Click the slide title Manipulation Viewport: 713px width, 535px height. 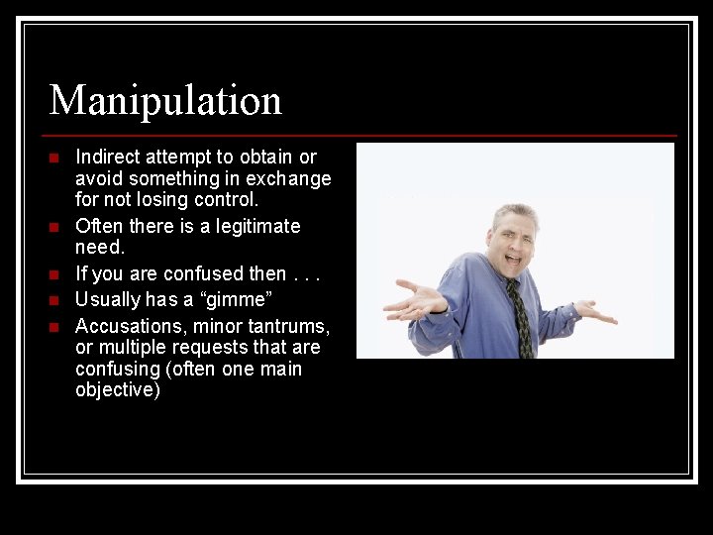tap(165, 100)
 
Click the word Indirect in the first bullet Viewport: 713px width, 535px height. tap(108, 157)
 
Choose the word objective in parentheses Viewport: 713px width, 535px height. tap(117, 390)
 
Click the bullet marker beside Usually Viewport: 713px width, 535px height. tap(54, 299)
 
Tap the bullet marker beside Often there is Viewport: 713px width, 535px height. tap(54, 227)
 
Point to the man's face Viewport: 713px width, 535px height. tap(515, 242)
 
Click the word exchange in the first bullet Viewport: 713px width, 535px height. tap(294, 178)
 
